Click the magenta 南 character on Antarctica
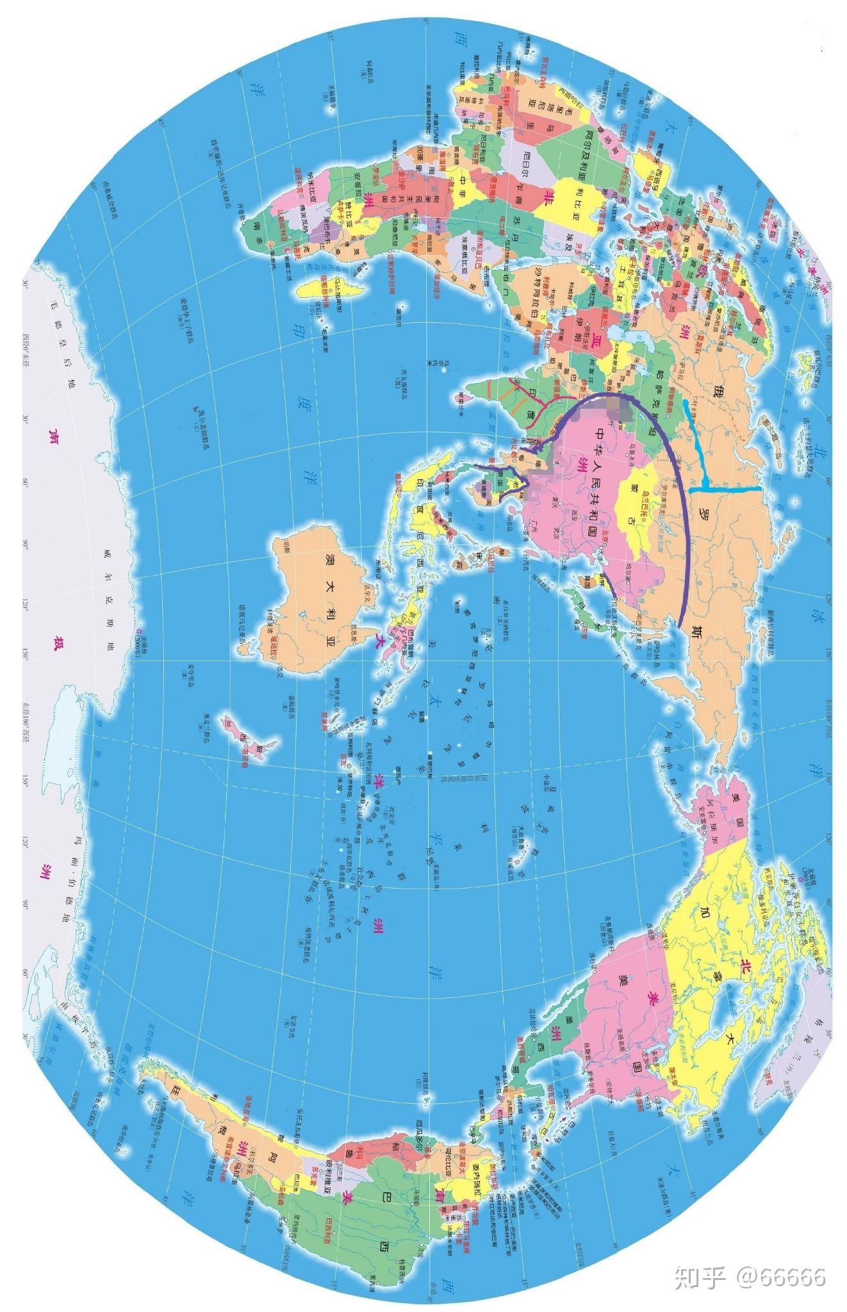coord(50,436)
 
